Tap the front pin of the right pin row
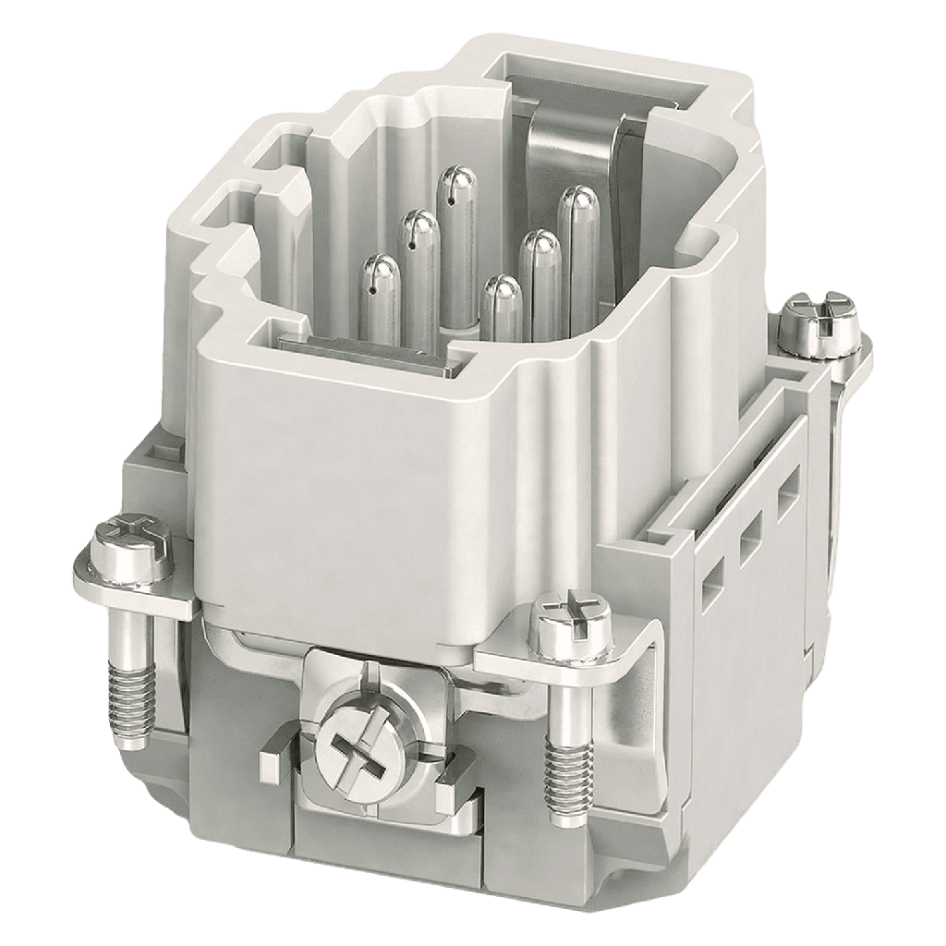click(x=503, y=309)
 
